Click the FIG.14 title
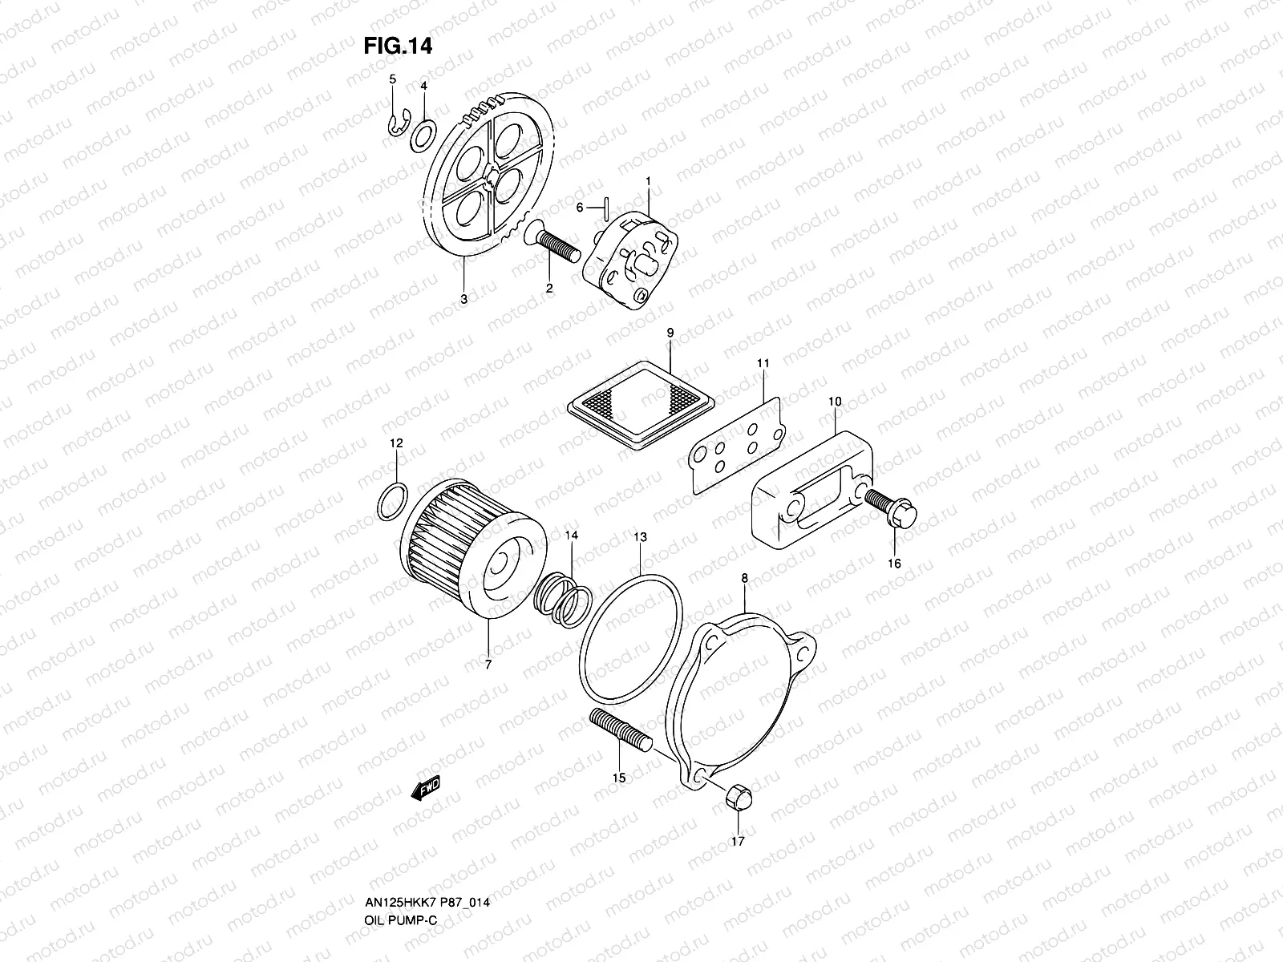pos(398,46)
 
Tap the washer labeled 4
pos(423,135)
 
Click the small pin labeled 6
pos(608,208)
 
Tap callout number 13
pos(640,536)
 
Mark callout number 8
pos(744,577)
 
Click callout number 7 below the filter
pos(488,665)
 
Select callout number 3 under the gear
pos(464,298)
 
